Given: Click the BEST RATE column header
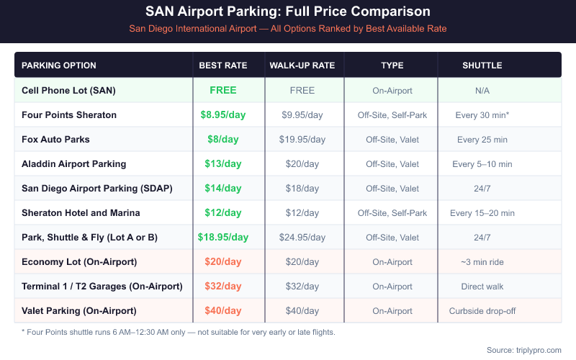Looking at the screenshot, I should point(223,66).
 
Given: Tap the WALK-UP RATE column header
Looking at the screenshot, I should point(302,66).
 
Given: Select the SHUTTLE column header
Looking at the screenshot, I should point(482,66).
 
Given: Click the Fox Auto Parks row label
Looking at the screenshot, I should point(55,139).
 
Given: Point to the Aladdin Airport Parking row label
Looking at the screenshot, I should point(73,163).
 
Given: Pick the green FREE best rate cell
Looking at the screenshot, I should point(223,90).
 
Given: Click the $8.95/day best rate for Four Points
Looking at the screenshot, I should point(223,114).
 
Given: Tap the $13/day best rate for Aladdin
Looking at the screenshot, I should point(223,163).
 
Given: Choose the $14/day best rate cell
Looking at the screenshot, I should point(223,188).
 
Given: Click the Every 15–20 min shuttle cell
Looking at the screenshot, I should point(482,213).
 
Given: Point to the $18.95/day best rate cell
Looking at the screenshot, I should point(223,237).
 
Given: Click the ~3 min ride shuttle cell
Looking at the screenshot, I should point(482,262).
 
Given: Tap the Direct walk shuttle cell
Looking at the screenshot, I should point(482,287).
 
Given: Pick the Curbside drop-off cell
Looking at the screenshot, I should point(482,311).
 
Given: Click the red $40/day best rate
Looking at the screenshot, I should point(223,310).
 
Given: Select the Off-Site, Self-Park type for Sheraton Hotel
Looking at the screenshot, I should point(392,213).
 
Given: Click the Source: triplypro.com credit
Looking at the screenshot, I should point(523,350).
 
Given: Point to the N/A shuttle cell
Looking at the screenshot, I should point(482,91).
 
